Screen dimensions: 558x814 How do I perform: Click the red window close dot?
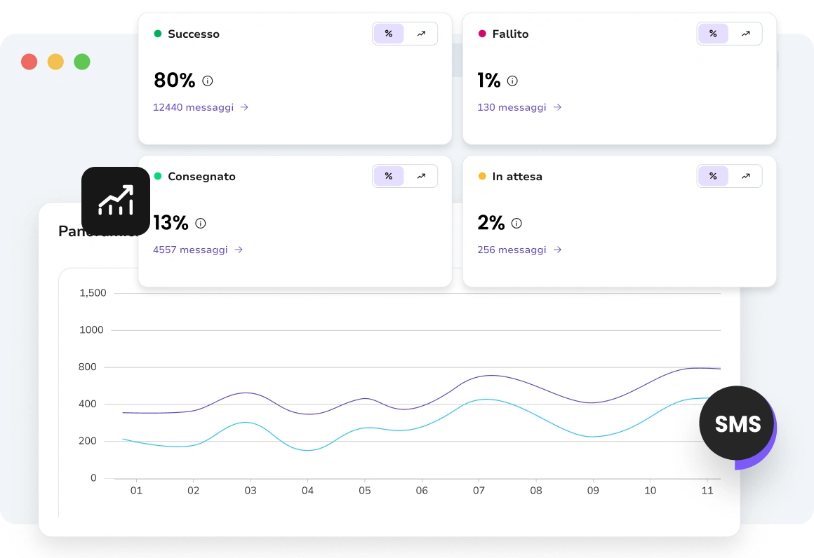(29, 62)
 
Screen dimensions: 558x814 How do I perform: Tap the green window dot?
(82, 62)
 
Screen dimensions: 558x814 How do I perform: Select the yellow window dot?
(55, 62)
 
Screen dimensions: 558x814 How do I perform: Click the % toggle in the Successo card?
(389, 34)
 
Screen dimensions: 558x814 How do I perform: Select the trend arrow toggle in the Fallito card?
(745, 34)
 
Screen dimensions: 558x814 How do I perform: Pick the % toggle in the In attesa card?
(713, 176)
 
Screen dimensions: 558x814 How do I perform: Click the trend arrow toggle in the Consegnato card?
(421, 176)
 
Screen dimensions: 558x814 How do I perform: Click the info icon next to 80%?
(208, 81)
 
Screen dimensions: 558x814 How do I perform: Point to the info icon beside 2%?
(516, 224)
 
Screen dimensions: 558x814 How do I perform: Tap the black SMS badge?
(737, 423)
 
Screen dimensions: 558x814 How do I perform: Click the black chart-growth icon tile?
(116, 201)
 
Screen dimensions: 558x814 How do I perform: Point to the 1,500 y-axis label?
(93, 293)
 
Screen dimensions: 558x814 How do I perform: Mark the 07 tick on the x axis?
(479, 491)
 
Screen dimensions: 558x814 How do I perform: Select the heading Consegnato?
(201, 177)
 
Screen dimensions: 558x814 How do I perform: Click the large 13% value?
(171, 223)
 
